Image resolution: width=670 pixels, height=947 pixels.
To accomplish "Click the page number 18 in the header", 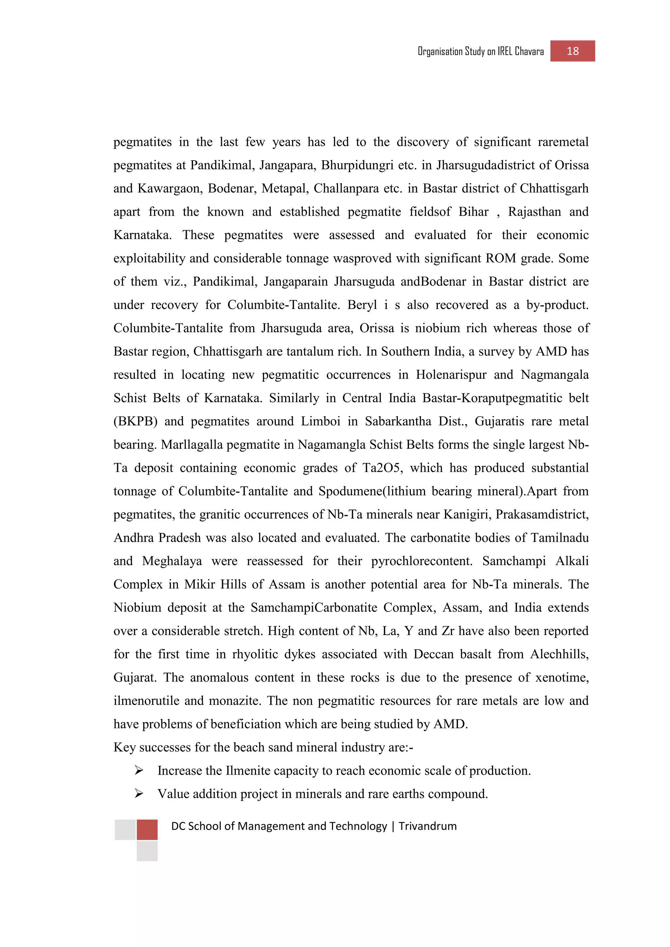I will point(572,51).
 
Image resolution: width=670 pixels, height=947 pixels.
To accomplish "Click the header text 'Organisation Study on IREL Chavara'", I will point(481,52).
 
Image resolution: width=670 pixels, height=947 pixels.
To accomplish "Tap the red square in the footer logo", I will point(147,830).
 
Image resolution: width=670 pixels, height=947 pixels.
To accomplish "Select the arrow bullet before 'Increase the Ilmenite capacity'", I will point(139,770).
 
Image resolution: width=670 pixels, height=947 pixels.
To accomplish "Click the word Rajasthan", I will point(534,212).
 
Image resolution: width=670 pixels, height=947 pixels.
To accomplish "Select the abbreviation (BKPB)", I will point(136,421).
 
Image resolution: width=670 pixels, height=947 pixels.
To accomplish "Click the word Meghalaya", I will point(172,561).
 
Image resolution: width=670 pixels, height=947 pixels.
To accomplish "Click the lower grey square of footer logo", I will point(147,851).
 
